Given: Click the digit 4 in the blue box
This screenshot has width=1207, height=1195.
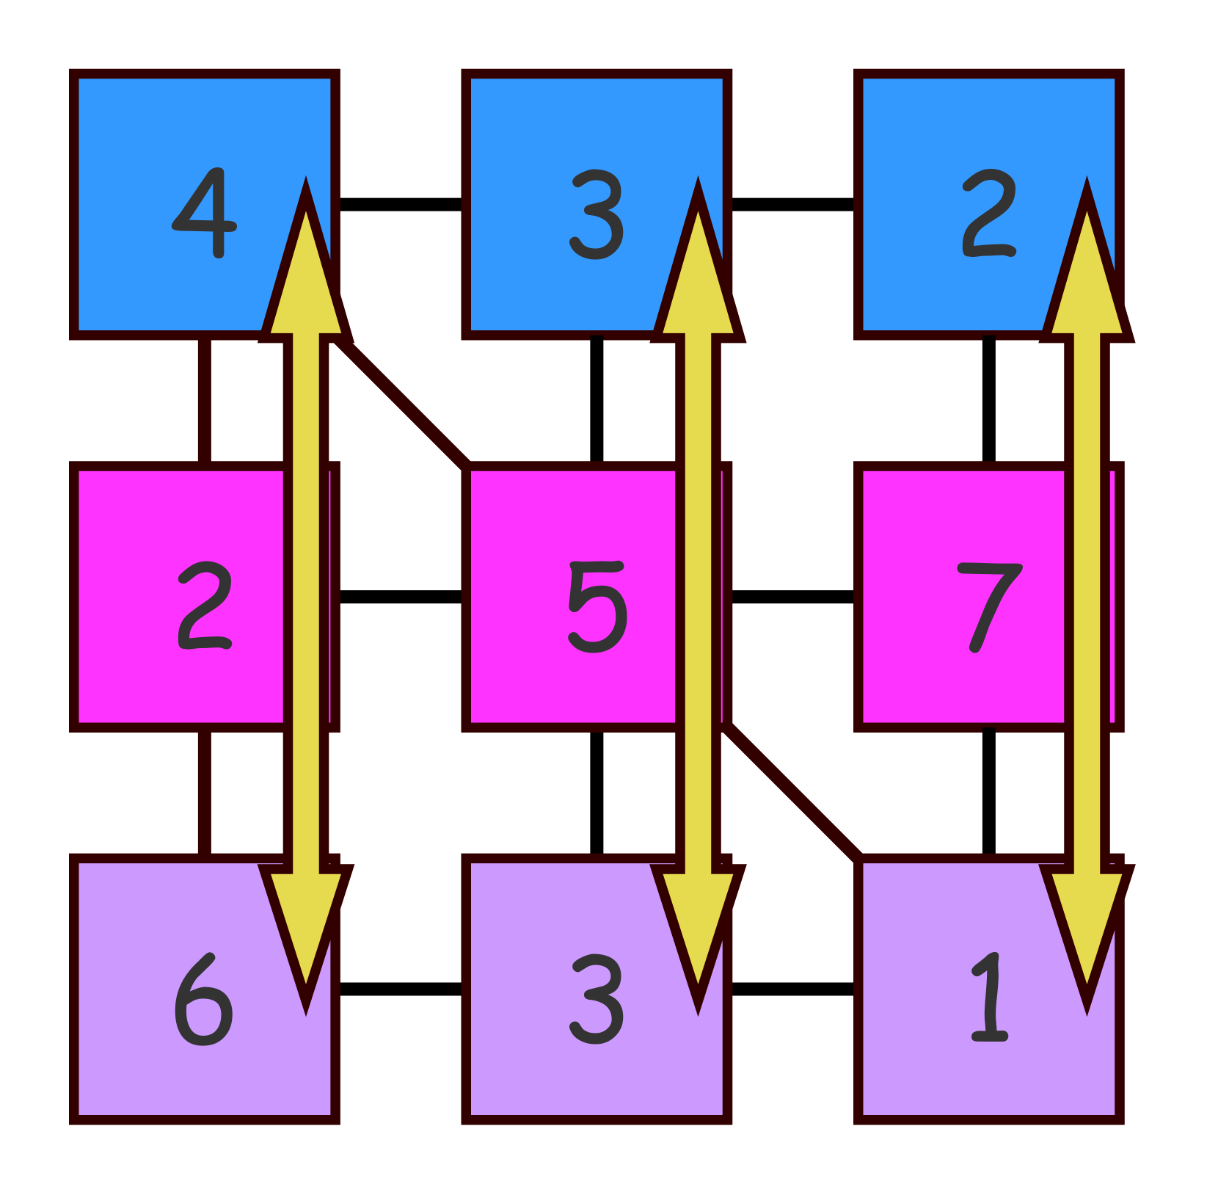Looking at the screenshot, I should point(205,213).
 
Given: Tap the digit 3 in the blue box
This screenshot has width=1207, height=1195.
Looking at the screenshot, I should point(597,214).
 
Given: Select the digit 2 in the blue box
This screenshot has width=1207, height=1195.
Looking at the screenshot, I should point(988,213).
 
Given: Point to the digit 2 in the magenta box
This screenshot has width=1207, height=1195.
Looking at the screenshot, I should point(205,606).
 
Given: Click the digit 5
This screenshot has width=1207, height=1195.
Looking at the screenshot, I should point(597,606).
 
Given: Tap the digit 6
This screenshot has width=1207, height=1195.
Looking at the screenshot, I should point(203,1000).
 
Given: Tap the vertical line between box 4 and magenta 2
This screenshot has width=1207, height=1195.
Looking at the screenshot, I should point(205,400).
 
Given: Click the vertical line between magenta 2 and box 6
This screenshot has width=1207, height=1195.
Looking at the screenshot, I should point(205,793).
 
